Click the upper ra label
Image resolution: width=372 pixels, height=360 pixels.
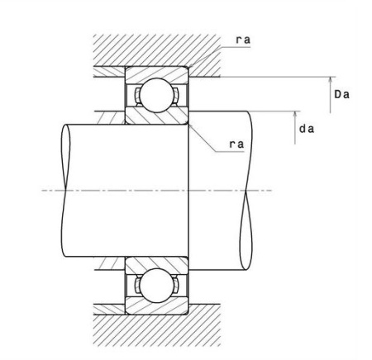pos(243,40)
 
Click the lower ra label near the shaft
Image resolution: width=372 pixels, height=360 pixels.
pos(236,144)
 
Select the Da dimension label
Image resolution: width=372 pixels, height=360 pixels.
pos(341,94)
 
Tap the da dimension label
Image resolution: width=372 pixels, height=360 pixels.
pos(307,129)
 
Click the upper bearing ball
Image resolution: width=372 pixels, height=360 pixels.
pos(156,95)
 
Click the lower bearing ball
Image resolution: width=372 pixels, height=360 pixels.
pos(156,286)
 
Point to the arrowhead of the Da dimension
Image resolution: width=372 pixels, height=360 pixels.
pos(331,80)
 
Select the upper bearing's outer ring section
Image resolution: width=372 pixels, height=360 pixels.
pos(156,74)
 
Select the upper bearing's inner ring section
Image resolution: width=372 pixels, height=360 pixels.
pos(156,116)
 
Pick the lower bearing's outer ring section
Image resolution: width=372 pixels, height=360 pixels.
pos(156,306)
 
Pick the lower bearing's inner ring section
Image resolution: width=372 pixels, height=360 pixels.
pos(156,265)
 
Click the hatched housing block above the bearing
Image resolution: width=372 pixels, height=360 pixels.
pos(156,50)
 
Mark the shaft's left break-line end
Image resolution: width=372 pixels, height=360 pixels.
pos(65,191)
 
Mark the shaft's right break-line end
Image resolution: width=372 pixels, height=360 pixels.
pos(246,191)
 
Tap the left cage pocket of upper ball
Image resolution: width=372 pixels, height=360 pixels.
pos(137,95)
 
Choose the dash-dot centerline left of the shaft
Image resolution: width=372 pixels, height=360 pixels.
pos(53,191)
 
